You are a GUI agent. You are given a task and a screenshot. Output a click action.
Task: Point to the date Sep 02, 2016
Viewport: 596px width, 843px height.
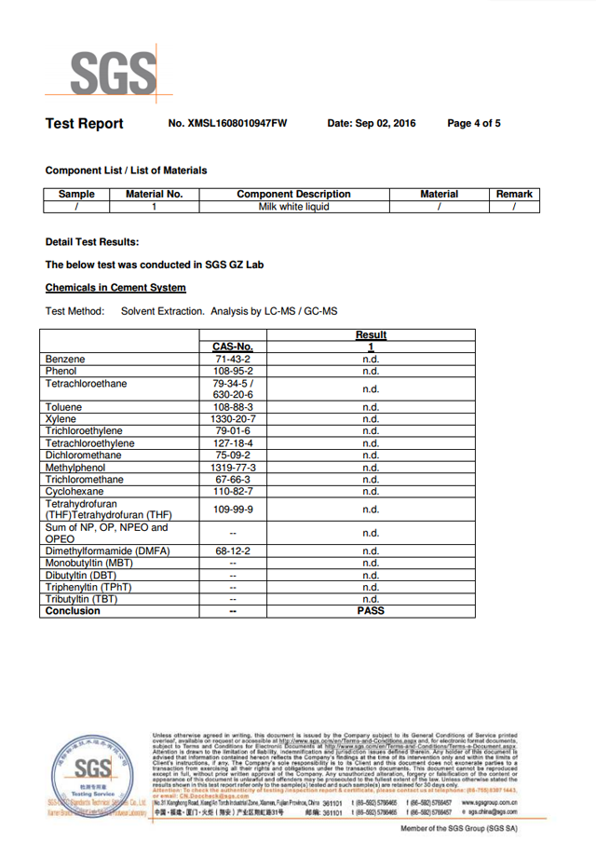tap(372, 124)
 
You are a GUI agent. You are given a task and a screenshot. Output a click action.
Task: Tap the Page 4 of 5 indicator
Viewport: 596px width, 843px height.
tap(474, 124)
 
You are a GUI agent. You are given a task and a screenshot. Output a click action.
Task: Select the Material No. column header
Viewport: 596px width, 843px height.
tap(155, 195)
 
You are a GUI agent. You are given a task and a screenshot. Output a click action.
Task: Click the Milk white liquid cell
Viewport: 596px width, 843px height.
tap(293, 207)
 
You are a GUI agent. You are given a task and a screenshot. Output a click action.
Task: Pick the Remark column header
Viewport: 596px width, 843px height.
tap(514, 195)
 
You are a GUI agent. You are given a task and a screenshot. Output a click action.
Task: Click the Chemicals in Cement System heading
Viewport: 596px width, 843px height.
tap(115, 288)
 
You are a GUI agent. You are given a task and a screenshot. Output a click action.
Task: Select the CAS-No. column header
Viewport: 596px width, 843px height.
tap(233, 347)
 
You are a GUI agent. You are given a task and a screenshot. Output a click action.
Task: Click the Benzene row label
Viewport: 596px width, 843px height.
tap(65, 360)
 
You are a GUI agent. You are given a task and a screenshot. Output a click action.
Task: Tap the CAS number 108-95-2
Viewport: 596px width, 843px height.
tap(233, 372)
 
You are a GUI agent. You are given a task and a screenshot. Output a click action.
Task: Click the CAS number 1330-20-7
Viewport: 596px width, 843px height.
tap(233, 420)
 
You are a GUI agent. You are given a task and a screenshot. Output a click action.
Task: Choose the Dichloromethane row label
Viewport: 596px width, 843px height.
tap(84, 455)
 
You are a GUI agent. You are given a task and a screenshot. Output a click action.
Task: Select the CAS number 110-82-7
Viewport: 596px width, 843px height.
tap(233, 492)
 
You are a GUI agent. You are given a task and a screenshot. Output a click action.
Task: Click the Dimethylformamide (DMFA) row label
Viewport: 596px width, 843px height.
tap(107, 551)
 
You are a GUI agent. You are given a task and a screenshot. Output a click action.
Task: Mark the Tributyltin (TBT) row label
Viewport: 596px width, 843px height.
tap(82, 600)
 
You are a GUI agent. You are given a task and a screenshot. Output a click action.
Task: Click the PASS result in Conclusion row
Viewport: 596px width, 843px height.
tap(371, 612)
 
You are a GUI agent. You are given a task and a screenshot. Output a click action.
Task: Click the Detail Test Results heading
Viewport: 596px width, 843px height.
tap(92, 242)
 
